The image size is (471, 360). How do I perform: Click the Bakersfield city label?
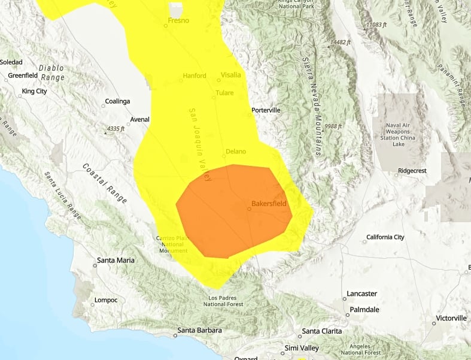pyautogui.click(x=269, y=204)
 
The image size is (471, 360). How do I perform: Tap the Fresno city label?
pyautogui.click(x=178, y=20)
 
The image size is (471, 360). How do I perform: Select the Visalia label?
pyautogui.click(x=231, y=75)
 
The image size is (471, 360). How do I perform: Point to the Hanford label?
pyautogui.click(x=195, y=75)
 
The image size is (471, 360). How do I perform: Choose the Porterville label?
pyautogui.click(x=266, y=110)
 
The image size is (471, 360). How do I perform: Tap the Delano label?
pyautogui.click(x=236, y=152)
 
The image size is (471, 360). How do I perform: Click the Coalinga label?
pyautogui.click(x=117, y=101)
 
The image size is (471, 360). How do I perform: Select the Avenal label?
pyautogui.click(x=139, y=119)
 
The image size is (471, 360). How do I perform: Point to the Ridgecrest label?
pyautogui.click(x=412, y=171)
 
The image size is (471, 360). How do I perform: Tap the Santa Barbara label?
pyautogui.click(x=200, y=331)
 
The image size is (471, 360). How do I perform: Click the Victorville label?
pyautogui.click(x=451, y=317)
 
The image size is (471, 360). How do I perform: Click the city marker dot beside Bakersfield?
pyautogui.click(x=249, y=209)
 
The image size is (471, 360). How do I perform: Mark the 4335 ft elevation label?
pyautogui.click(x=114, y=128)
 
